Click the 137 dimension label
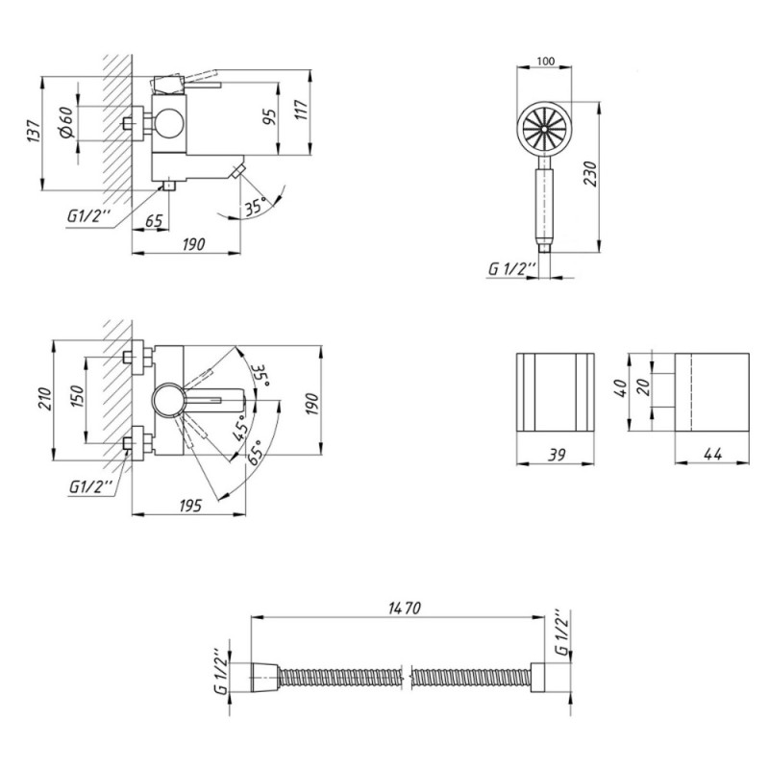33,131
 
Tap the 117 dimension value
301,110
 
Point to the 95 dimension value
269,116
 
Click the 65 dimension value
154,221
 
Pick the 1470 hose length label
404,608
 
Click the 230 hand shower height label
590,173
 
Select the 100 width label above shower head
545,61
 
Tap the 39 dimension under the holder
557,455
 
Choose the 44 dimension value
712,455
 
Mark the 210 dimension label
44,399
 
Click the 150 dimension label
79,397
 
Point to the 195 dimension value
189,506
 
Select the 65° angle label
255,452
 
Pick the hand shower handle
545,206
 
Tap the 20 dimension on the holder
646,385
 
